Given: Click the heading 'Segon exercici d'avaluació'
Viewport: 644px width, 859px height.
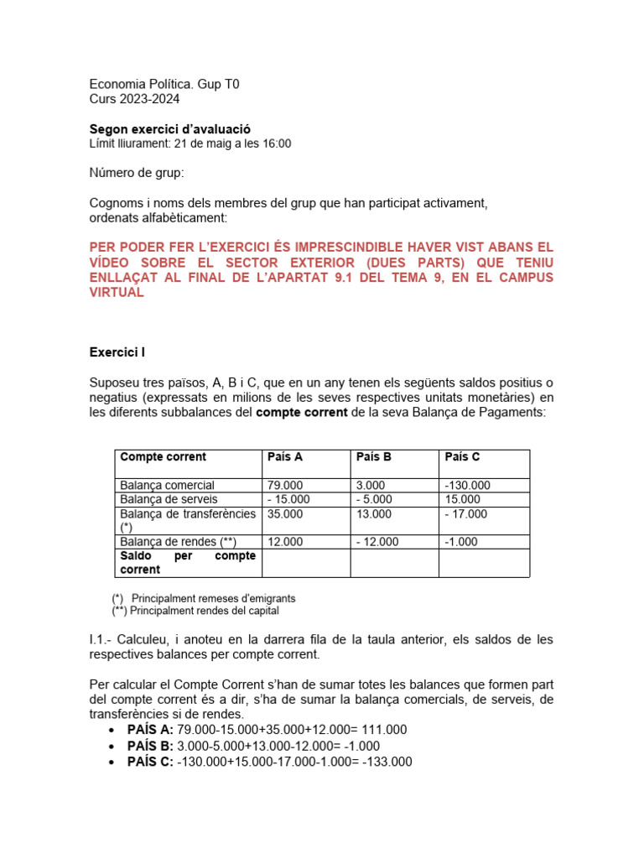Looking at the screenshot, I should [x=169, y=129].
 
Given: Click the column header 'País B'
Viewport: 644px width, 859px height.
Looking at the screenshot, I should [x=373, y=457].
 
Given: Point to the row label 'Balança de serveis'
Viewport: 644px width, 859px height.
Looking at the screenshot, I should [x=169, y=499].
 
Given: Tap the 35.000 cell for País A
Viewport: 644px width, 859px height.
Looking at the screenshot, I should [x=285, y=513].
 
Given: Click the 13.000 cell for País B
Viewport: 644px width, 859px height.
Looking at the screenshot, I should [x=374, y=513].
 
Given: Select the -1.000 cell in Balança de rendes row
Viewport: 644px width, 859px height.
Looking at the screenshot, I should [x=461, y=542].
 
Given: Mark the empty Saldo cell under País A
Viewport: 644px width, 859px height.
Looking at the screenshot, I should [x=306, y=563].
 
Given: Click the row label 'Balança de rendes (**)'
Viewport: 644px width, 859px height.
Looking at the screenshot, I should [x=172, y=542].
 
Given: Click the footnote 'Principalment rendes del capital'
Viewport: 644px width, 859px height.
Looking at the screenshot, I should [x=210, y=611].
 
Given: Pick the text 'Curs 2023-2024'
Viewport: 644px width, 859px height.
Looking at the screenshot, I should [x=134, y=99].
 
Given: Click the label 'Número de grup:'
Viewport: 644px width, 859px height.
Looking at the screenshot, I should [x=136, y=173].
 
